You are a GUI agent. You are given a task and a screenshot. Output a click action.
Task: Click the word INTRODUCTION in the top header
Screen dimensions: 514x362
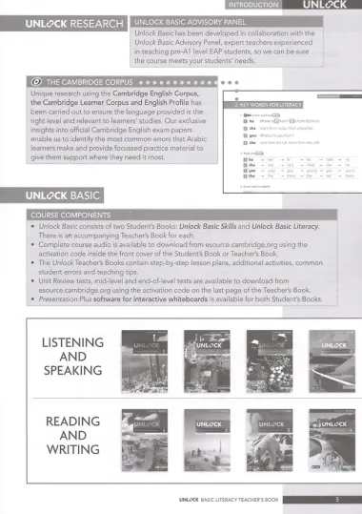point(251,5)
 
